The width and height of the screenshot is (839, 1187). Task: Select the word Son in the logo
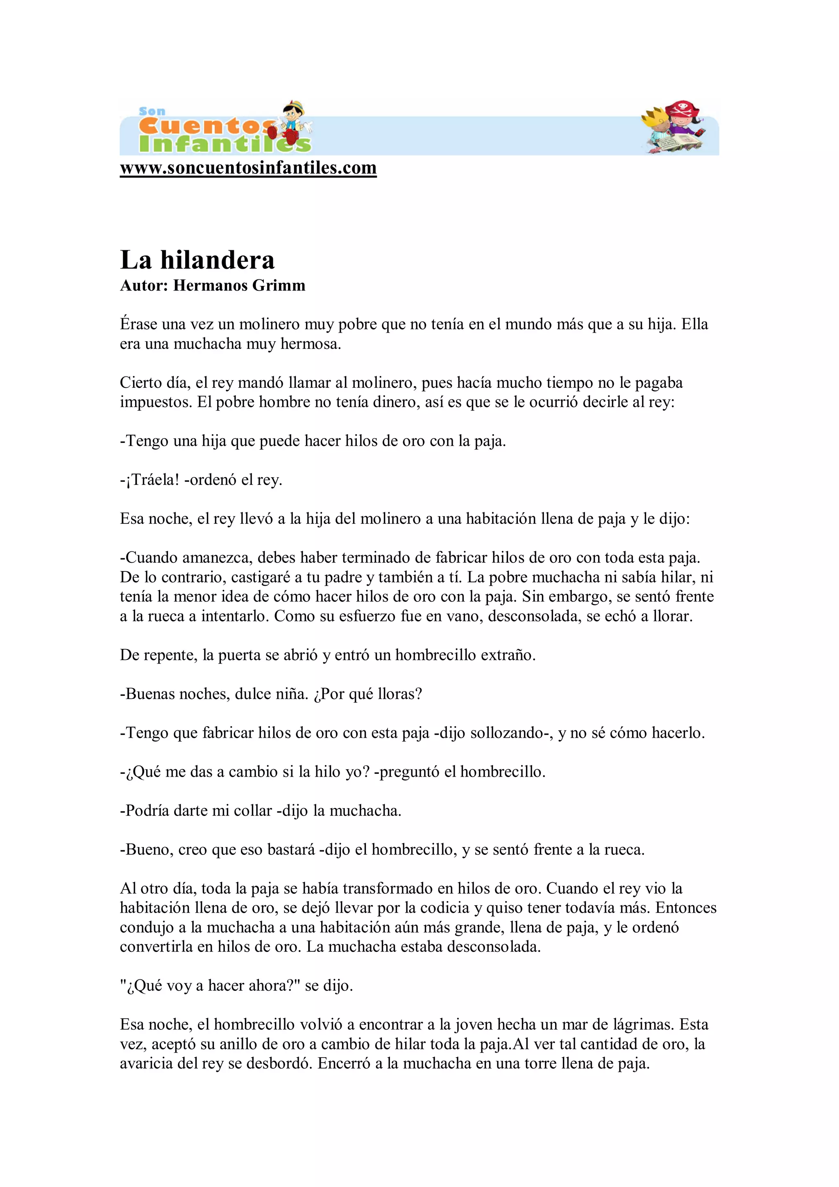coord(152,111)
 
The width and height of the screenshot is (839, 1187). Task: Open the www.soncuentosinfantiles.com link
coord(248,168)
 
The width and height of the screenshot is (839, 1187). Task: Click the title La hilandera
coord(197,260)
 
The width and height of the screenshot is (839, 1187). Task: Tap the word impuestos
coord(156,402)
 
